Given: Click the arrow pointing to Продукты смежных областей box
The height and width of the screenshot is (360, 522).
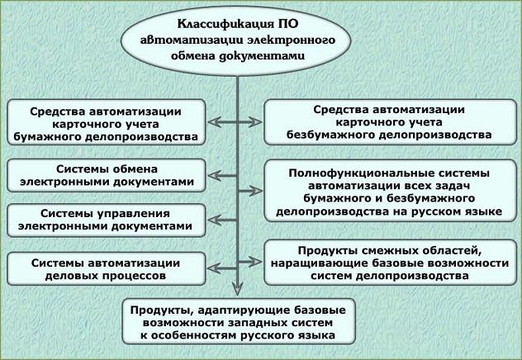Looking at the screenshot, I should coord(251,263).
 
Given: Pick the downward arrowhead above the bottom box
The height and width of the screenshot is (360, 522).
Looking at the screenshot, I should coord(237,289).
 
